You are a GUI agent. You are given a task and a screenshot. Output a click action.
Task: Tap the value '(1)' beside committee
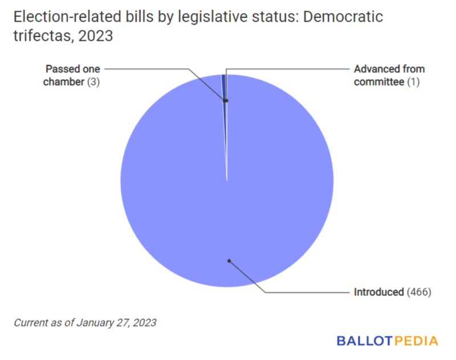pyautogui.click(x=413, y=81)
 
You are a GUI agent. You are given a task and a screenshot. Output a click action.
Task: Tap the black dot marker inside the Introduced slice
pyautogui.click(x=229, y=261)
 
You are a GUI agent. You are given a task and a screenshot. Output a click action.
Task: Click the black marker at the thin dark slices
pyautogui.click(x=226, y=101)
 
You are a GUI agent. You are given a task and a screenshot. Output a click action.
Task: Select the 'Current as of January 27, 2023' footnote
pyautogui.click(x=85, y=322)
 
